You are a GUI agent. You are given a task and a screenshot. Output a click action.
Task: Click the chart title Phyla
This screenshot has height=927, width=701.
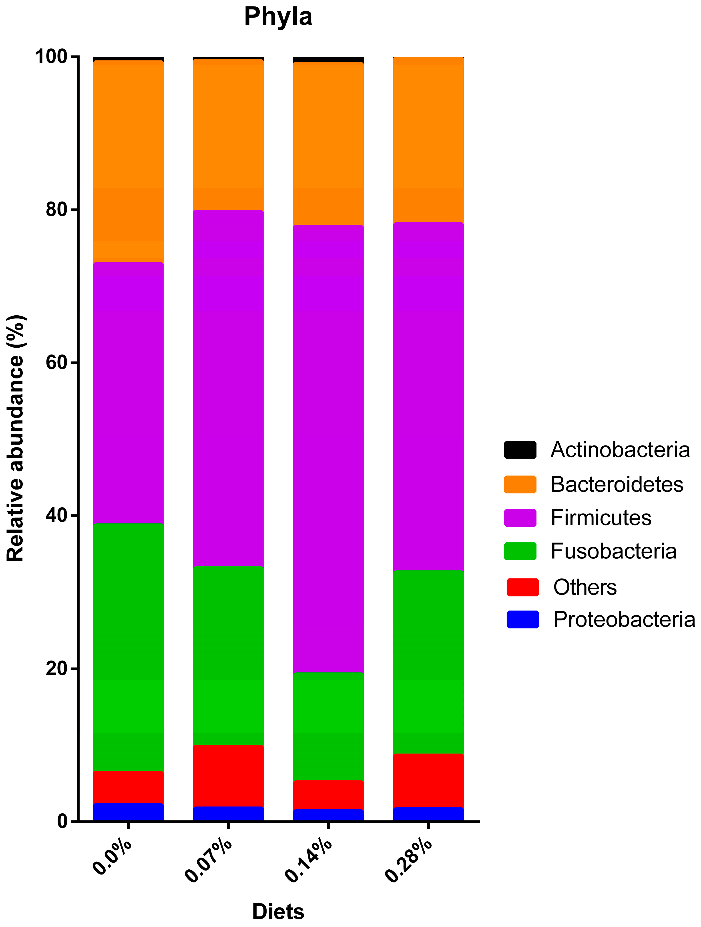click(278, 17)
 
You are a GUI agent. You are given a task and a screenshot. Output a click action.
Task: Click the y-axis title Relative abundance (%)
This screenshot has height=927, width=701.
click(16, 438)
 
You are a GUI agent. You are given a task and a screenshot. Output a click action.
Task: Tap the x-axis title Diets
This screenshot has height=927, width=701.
click(278, 911)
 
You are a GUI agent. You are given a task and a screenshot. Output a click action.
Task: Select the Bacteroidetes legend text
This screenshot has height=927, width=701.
click(617, 484)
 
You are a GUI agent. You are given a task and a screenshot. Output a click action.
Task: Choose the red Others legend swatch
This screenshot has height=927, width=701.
click(522, 587)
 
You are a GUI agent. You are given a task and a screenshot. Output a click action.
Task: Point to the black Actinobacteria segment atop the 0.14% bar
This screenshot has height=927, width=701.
click(328, 59)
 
